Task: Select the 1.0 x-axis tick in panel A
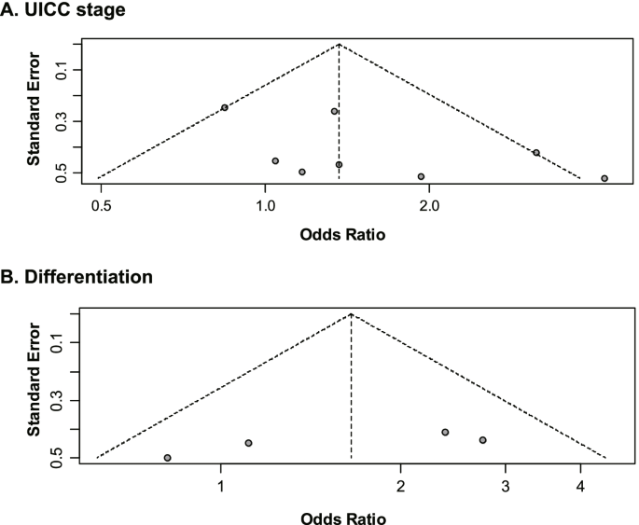266,200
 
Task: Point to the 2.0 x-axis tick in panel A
429,200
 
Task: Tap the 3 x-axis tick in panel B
505,486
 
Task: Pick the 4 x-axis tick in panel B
580,486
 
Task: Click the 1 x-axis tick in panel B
221,486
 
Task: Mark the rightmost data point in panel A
604,178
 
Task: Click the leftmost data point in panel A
225,107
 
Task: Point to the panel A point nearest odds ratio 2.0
421,176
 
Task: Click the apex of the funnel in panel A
339,44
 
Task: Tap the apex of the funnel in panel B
351,314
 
